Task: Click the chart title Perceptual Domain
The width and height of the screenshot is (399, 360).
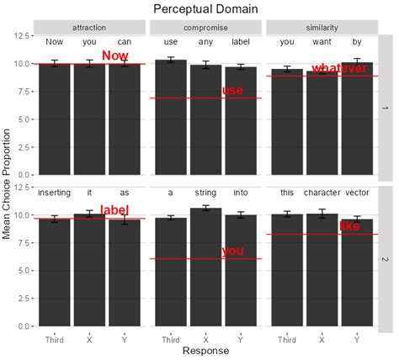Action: coord(205,8)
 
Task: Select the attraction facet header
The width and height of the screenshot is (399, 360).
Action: coord(90,27)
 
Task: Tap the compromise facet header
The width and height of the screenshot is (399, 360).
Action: coord(205,27)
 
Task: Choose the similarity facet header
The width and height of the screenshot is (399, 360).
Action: coord(321,27)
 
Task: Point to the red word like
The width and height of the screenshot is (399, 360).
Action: coord(349,226)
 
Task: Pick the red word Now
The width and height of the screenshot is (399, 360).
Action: coord(114,56)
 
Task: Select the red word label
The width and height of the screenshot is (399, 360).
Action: coord(114,210)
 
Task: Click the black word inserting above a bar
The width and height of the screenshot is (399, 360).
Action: coord(55,193)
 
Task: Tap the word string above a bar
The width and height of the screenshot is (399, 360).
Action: coord(205,193)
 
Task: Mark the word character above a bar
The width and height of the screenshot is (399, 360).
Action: coord(322,193)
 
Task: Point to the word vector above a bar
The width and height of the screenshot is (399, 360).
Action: coord(357,193)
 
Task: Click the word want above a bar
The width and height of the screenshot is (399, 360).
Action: coord(322,41)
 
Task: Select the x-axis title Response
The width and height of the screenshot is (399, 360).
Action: coord(205,352)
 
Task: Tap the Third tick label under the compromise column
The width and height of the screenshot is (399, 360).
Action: coord(170,340)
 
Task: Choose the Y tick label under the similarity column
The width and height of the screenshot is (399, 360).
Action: coord(357,340)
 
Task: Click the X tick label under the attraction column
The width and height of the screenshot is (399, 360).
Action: coord(89,340)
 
